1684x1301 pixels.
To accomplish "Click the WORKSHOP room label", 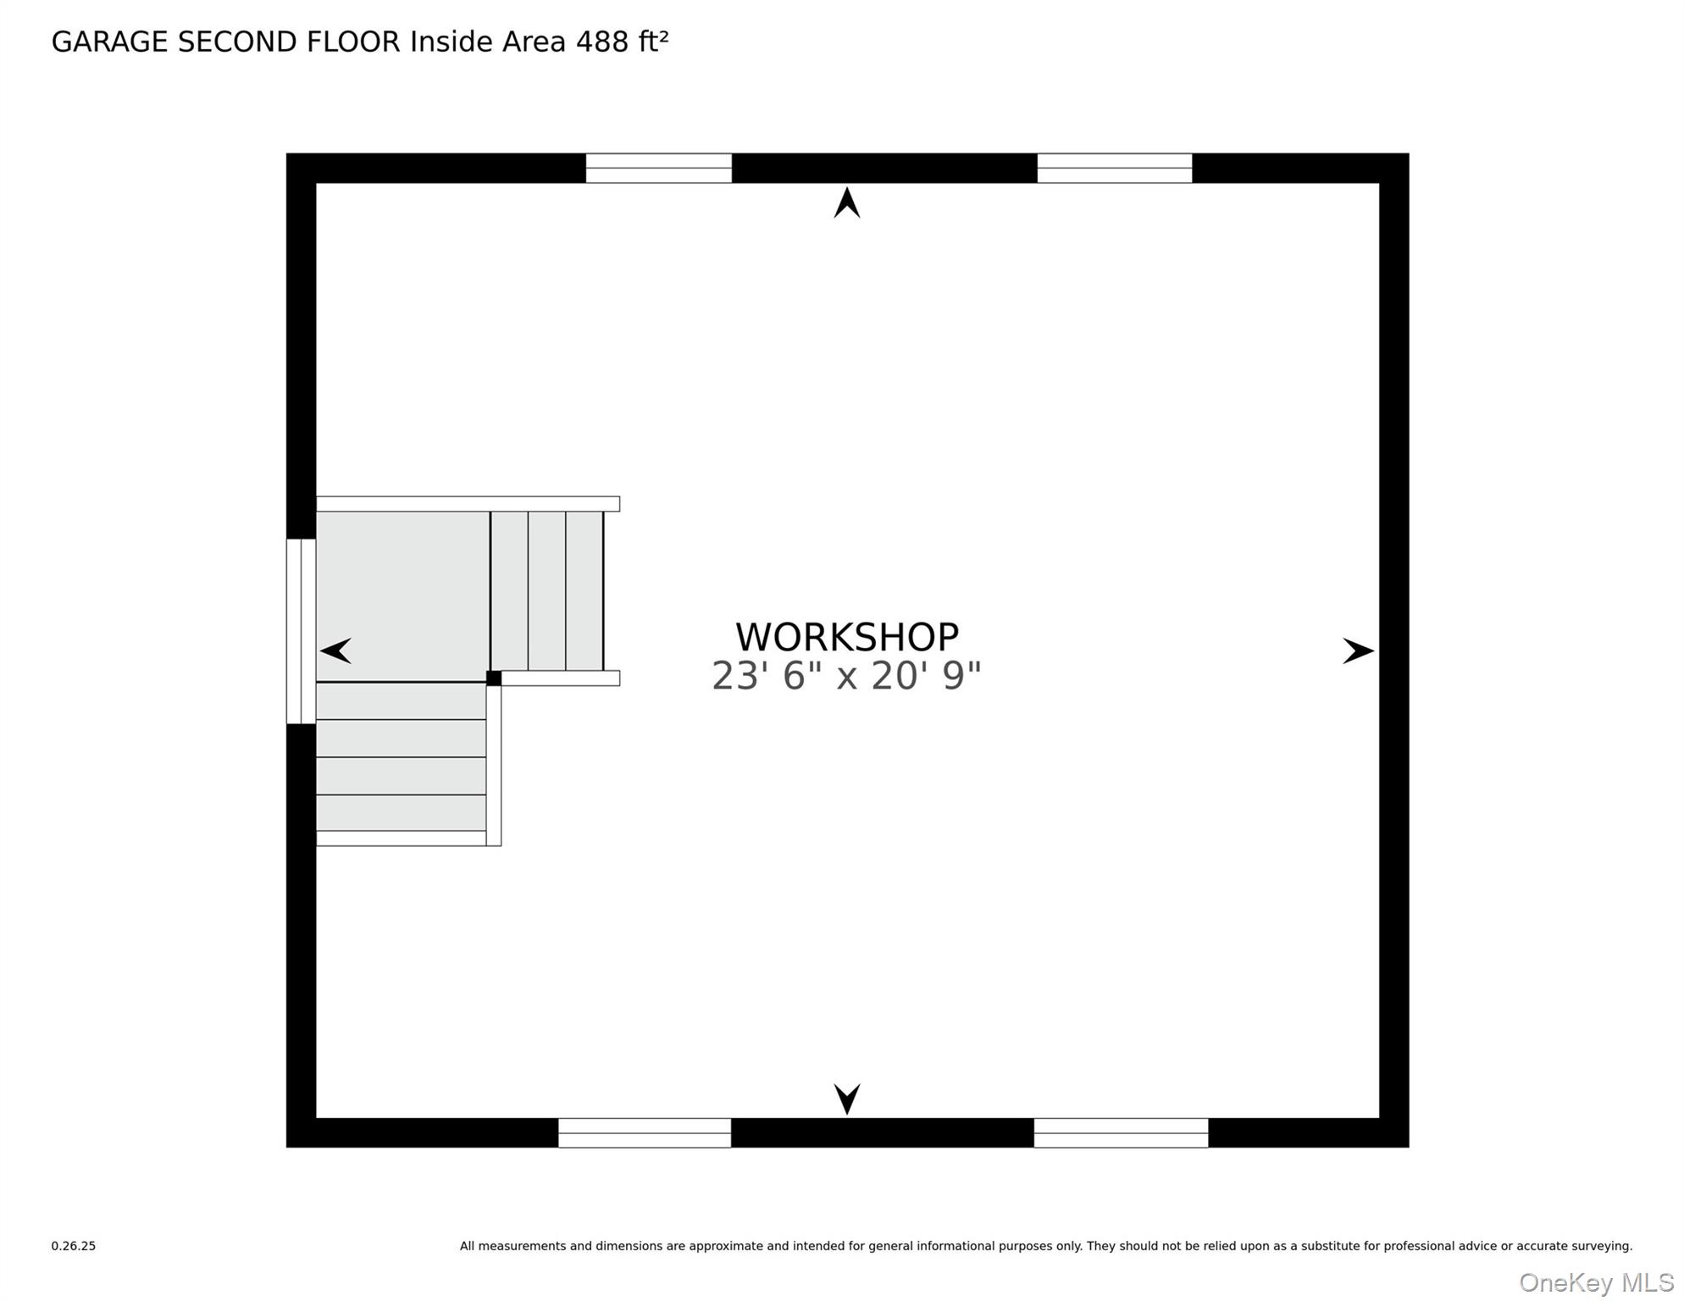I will (846, 637).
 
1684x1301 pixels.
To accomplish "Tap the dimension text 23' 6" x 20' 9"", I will (846, 676).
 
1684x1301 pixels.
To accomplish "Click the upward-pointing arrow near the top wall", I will (847, 203).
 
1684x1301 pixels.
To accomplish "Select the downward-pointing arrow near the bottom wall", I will (847, 1098).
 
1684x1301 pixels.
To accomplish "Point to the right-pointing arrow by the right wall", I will (1358, 650).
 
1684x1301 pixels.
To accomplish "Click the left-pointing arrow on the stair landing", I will (336, 650).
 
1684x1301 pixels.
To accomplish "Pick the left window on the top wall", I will (658, 168).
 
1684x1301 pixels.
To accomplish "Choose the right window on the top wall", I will (1114, 168).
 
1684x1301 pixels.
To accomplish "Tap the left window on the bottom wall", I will (644, 1132).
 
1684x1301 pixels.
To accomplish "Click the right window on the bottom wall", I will (1121, 1132).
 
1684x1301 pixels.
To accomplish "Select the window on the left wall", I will (301, 631).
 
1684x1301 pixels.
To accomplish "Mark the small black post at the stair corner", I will (494, 678).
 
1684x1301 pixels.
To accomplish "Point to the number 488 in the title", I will (602, 42).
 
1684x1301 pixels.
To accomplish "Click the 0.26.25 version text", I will (74, 1246).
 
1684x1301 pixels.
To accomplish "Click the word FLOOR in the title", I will (352, 42).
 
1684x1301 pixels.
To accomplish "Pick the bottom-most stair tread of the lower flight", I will (401, 813).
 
